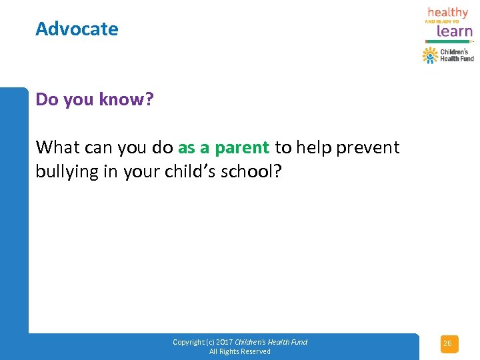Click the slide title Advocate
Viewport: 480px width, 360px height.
point(77,29)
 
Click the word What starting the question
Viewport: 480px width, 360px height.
point(58,147)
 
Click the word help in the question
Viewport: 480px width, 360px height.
point(314,147)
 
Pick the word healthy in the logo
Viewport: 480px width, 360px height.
point(448,13)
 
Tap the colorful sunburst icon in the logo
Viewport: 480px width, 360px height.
point(430,55)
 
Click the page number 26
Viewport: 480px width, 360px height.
point(448,344)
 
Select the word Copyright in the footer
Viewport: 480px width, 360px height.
point(188,342)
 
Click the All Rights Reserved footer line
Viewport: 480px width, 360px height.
point(240,351)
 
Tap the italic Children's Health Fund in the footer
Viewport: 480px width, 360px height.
point(271,342)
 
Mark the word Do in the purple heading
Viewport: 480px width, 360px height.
point(47,99)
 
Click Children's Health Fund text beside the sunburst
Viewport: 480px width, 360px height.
point(457,55)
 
